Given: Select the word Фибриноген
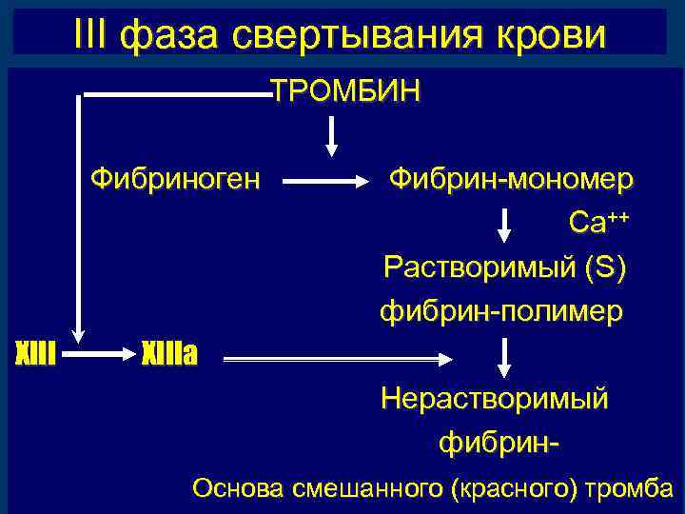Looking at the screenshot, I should (174, 178).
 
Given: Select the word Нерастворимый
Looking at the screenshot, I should (494, 398).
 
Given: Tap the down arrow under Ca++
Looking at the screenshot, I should (504, 225).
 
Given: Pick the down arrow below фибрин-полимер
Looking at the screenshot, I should (504, 355).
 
